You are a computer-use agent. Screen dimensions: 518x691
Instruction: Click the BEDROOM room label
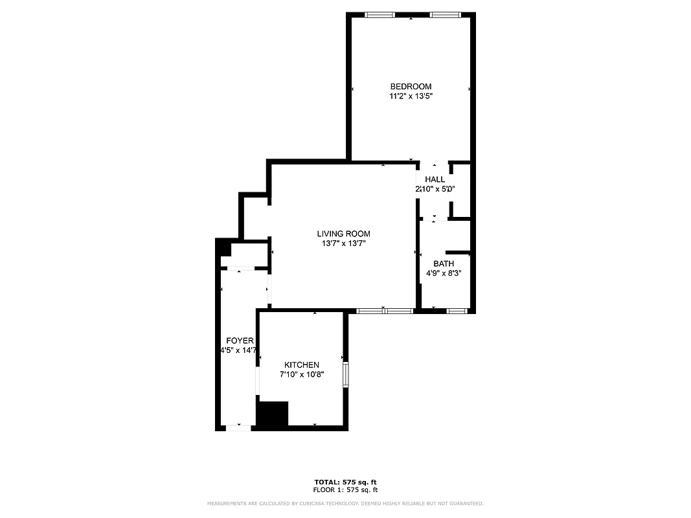[411, 87]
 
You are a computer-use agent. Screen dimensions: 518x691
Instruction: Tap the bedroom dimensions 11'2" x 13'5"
[411, 96]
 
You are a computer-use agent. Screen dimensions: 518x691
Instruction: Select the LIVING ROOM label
[343, 234]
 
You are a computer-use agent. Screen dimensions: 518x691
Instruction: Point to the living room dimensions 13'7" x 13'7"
[343, 244]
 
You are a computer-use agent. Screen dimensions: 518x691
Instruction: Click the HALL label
[435, 179]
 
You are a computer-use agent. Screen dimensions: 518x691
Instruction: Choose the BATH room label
[444, 264]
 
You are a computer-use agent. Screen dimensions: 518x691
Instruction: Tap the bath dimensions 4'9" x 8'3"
[444, 273]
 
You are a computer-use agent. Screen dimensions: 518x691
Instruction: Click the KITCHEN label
[301, 365]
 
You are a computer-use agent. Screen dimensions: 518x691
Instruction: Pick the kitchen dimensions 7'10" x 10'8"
[301, 374]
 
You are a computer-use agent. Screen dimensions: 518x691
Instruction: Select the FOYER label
[240, 341]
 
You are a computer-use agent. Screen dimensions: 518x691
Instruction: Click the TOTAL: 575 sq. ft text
[345, 482]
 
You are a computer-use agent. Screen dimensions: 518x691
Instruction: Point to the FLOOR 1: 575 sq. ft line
[345, 490]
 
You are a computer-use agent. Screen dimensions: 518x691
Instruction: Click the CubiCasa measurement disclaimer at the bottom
[345, 503]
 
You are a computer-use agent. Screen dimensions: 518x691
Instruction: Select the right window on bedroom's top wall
[446, 15]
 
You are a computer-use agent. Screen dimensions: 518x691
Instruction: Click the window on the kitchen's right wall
[346, 374]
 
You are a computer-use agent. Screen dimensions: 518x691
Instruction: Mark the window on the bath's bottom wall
[457, 311]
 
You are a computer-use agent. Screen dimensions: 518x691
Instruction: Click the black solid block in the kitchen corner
[272, 414]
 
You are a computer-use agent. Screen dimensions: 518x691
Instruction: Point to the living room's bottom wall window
[385, 311]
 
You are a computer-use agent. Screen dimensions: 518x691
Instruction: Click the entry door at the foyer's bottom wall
[238, 427]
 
